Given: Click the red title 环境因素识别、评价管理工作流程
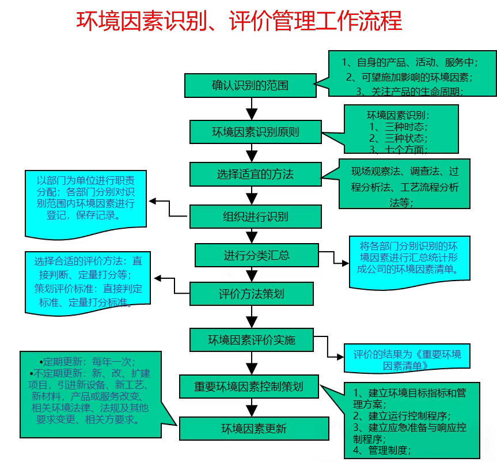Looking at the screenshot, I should (x=239, y=22).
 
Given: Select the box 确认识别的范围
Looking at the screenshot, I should (x=250, y=86).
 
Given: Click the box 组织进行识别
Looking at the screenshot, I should (x=255, y=217).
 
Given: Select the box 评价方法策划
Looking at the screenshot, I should (x=251, y=294).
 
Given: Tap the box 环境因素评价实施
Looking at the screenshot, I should (x=251, y=340).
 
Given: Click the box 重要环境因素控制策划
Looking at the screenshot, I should (x=248, y=387).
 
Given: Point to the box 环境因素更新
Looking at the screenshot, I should (x=254, y=429).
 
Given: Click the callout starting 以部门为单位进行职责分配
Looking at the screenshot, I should (x=86, y=199).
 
